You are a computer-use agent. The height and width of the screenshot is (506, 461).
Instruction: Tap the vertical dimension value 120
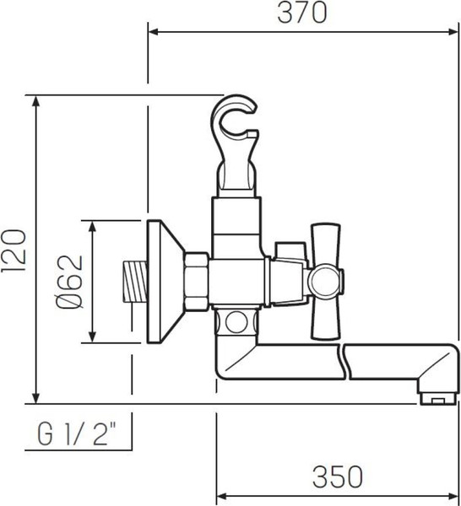point(15,249)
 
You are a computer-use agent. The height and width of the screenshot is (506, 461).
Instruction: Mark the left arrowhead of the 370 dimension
point(153,33)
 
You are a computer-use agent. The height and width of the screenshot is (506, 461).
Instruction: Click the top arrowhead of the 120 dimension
point(36,99)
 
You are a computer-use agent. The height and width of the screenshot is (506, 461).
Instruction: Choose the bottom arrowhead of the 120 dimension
point(36,398)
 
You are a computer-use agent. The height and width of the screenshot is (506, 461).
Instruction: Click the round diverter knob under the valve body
point(239,321)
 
